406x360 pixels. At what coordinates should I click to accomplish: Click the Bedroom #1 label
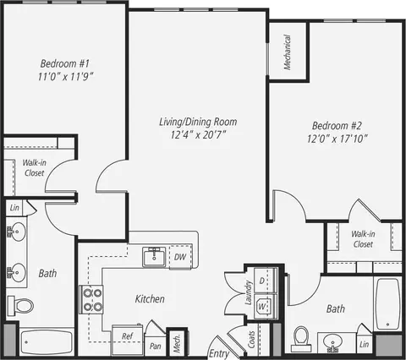pos(65,63)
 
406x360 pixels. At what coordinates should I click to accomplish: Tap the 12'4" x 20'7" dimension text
pos(198,135)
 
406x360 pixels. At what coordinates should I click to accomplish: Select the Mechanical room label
pos(288,52)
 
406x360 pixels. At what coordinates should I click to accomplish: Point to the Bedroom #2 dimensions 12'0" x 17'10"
pos(337,139)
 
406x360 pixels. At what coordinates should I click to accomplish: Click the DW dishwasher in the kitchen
pos(180,257)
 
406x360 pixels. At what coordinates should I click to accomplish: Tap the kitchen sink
pos(154,257)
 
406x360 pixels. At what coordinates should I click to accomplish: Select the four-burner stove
pos(91,299)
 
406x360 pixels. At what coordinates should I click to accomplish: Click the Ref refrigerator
pos(128,340)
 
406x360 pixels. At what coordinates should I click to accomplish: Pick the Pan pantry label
pos(156,346)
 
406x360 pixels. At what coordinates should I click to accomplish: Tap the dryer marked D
pos(266,281)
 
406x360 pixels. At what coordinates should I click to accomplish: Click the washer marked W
pos(266,307)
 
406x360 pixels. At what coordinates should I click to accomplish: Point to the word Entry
pos(219,354)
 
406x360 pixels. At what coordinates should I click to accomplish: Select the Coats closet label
pos(251,340)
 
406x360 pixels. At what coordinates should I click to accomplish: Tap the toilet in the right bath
pos(301,339)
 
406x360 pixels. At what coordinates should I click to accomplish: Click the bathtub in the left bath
pos(47,342)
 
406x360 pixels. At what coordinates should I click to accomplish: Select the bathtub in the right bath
pos(387,303)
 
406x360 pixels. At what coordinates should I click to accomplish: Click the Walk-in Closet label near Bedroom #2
pos(363,239)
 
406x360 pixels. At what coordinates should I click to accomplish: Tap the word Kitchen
pos(150,299)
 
